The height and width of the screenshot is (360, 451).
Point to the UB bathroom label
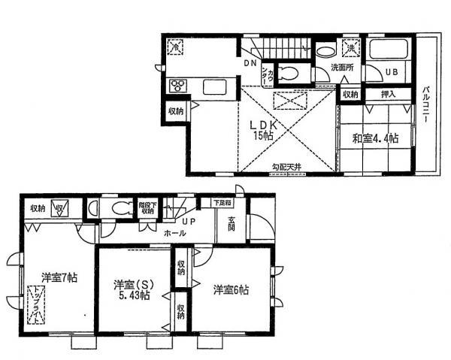392,73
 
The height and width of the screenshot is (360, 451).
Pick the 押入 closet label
389,95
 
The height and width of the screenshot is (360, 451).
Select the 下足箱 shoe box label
220,202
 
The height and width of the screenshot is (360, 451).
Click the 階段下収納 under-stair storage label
147,207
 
